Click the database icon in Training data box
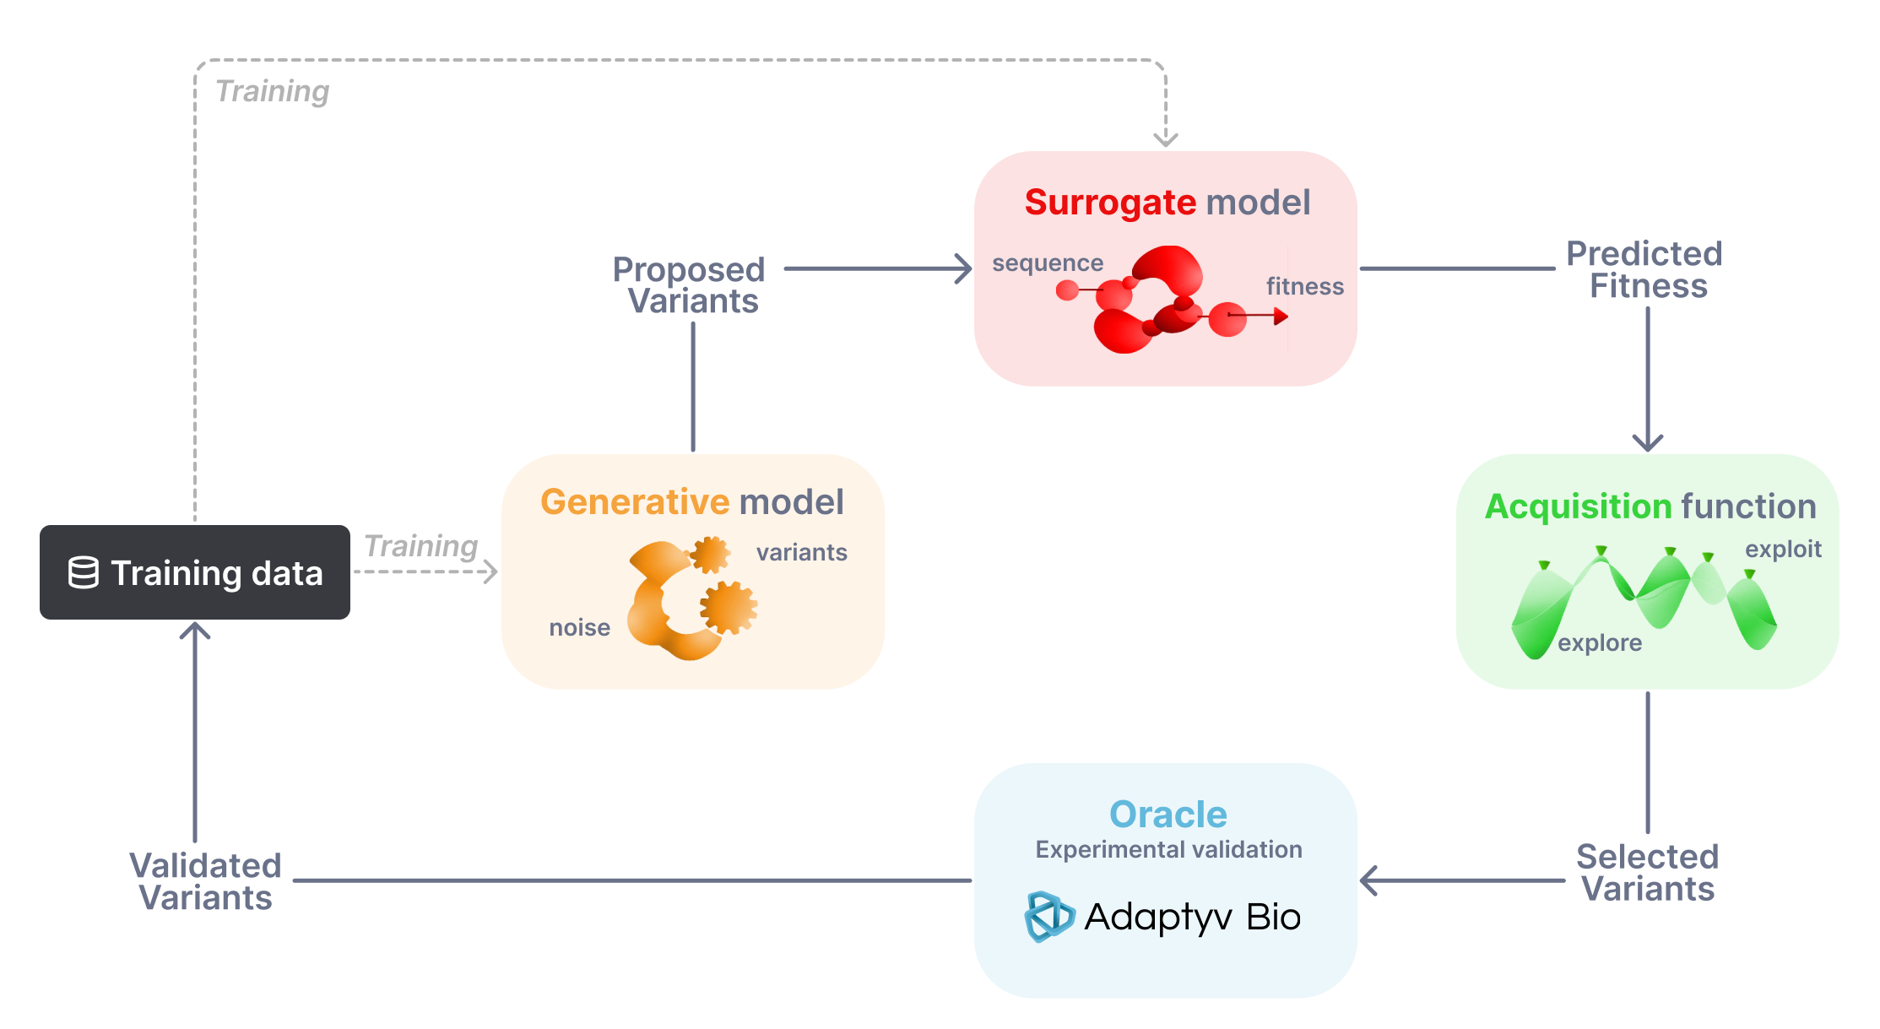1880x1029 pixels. click(x=83, y=572)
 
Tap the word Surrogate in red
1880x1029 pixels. click(x=1109, y=203)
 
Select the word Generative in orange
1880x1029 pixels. click(x=634, y=502)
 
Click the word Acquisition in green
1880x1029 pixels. click(x=1577, y=506)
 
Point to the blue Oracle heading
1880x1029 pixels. click(x=1168, y=815)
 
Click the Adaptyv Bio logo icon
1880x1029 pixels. click(x=1048, y=917)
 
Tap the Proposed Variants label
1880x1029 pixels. click(x=690, y=285)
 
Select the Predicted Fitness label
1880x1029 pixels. click(x=1645, y=269)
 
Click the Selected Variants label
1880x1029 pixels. click(x=1647, y=873)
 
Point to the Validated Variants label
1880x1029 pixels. click(x=205, y=881)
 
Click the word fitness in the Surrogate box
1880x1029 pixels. click(x=1304, y=287)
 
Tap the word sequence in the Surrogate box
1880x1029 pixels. click(x=1047, y=263)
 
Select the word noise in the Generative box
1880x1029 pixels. click(x=579, y=628)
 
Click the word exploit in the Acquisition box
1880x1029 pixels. click(x=1783, y=550)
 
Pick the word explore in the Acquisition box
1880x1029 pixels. click(x=1599, y=643)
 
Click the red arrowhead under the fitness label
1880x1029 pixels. click(x=1281, y=317)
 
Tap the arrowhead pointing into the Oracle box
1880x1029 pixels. click(x=1368, y=880)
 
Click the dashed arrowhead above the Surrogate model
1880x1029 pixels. click(x=1165, y=138)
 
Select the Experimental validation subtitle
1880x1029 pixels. click(x=1168, y=850)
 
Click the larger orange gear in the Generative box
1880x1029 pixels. click(x=728, y=607)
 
